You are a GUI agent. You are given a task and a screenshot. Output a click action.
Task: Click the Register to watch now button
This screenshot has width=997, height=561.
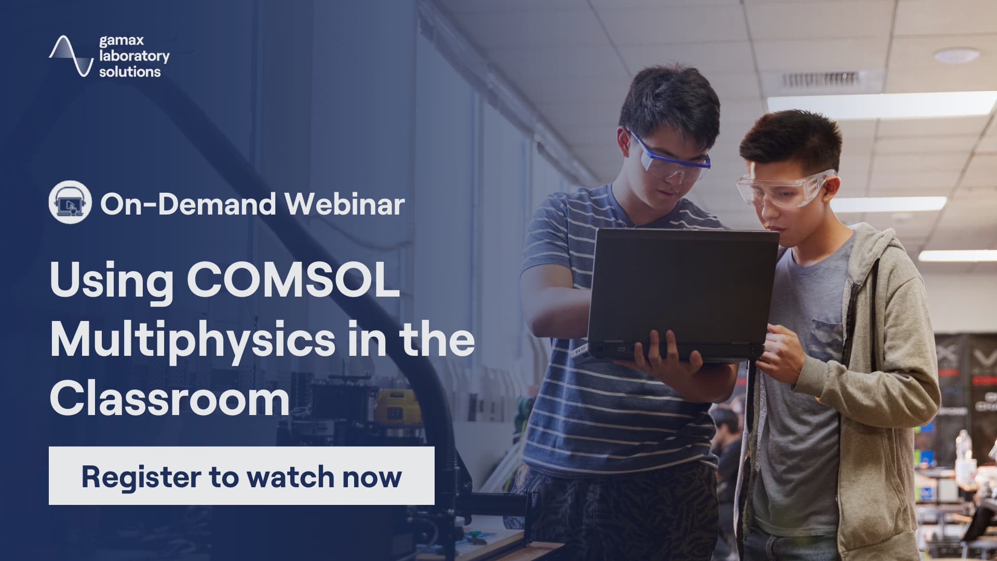[241, 476]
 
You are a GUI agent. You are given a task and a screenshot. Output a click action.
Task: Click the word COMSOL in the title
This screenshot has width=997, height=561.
[293, 281]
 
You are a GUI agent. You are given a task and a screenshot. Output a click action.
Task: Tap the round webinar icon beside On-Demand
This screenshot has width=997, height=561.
[71, 204]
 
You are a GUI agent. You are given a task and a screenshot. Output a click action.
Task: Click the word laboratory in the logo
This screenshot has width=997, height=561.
[134, 56]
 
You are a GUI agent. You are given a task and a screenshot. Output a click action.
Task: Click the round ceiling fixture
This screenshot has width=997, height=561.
[956, 55]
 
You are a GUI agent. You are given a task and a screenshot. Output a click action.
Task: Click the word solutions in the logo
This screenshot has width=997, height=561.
[130, 72]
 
